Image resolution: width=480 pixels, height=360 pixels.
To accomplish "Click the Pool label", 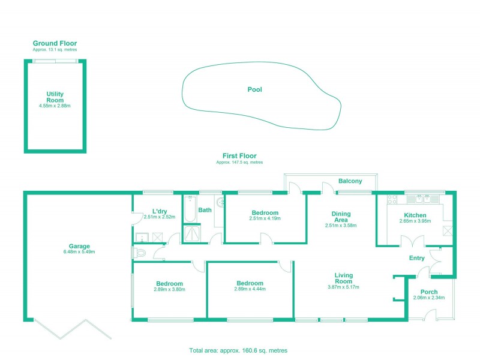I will [x=255, y=89].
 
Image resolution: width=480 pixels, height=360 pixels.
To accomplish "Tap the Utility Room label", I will [x=55, y=97].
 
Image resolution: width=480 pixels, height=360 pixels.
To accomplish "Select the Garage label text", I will [x=79, y=246].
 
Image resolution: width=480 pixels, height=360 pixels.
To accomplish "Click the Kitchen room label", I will [x=415, y=215].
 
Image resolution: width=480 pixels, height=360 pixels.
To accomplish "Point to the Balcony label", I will [x=350, y=181].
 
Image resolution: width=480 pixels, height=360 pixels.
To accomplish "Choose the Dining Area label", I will [x=341, y=217].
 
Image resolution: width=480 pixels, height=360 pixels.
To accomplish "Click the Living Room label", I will [x=344, y=278].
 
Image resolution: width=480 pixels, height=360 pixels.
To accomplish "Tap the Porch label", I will [x=429, y=292].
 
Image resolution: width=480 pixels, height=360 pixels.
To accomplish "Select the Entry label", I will [x=417, y=258].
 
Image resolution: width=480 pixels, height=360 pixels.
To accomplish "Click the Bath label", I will [x=205, y=210].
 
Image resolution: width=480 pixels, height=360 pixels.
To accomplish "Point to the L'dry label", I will [x=160, y=211].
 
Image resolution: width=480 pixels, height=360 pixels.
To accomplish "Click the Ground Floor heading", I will [x=55, y=43].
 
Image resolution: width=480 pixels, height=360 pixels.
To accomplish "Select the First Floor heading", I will [x=239, y=156].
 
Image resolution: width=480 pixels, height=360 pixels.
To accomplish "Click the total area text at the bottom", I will [x=239, y=350].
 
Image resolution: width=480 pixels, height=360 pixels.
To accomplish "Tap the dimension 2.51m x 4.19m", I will [x=265, y=219].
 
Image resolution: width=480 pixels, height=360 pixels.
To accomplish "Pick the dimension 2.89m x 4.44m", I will [x=250, y=289].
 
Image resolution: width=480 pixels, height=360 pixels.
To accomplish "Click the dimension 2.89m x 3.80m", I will [x=169, y=289].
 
